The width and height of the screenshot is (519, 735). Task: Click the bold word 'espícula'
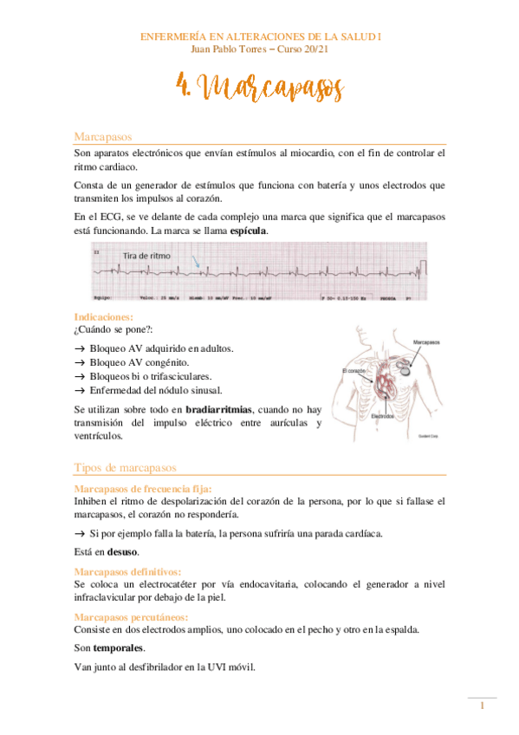243,231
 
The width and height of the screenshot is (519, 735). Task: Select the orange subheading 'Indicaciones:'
104,318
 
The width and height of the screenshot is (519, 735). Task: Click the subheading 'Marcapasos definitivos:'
127,571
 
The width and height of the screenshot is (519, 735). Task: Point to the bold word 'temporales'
120,647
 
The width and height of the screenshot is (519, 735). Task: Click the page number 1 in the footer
482,708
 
